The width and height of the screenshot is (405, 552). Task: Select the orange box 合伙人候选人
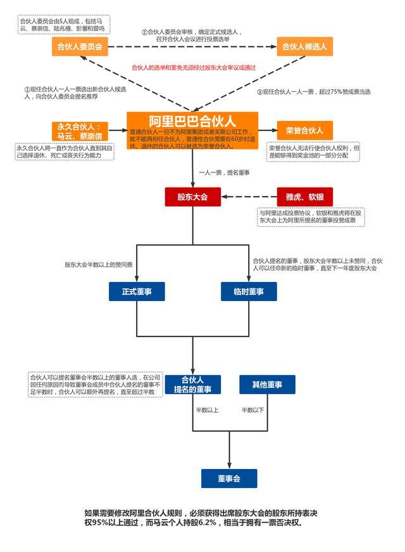pyautogui.click(x=304, y=46)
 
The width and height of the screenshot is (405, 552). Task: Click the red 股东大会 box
pyautogui.click(x=192, y=197)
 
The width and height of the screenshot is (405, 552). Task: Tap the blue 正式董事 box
pyautogui.click(x=137, y=292)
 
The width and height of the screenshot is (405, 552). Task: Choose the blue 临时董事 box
pyautogui.click(x=248, y=292)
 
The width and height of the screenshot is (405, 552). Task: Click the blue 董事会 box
pyautogui.click(x=229, y=478)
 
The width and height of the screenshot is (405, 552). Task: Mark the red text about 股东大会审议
pyautogui.click(x=194, y=67)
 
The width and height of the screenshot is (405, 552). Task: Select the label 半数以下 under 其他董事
pyautogui.click(x=252, y=410)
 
